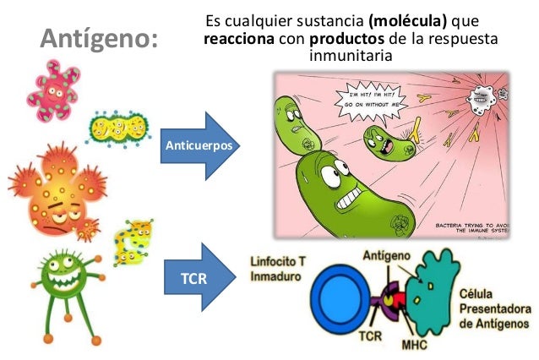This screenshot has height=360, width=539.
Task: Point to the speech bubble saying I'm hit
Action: point(380,100)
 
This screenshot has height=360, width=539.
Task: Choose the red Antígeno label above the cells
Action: point(389,254)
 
